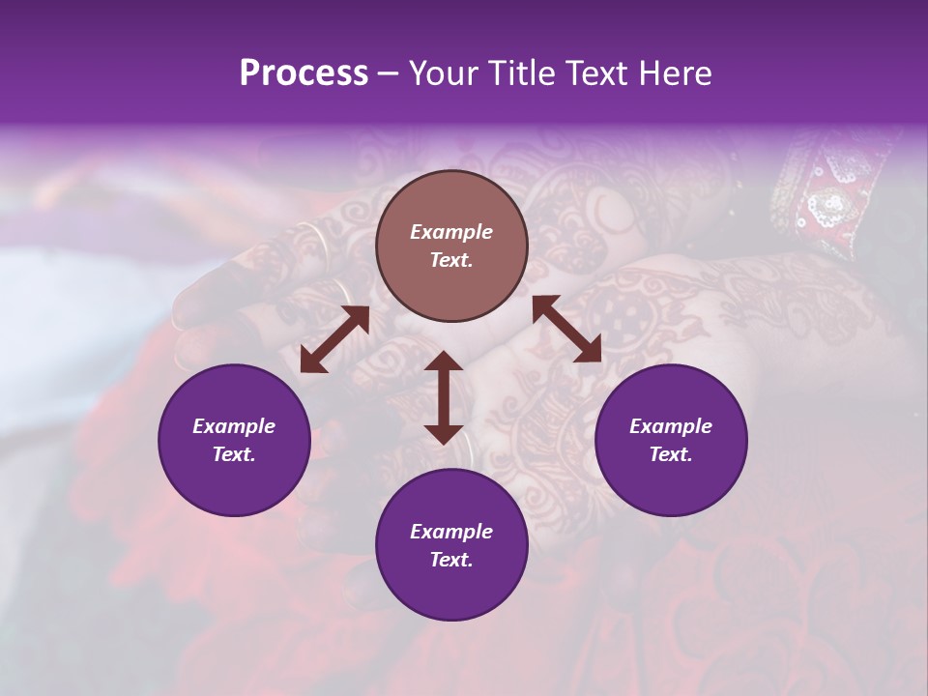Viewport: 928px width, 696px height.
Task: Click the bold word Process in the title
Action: coord(304,73)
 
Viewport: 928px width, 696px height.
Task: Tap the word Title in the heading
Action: coord(524,73)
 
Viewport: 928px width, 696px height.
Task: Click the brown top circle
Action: coord(451,246)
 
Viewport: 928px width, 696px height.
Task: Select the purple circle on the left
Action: coord(234,440)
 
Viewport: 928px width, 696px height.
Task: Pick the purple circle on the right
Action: coord(670,440)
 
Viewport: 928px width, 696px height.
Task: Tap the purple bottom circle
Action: coord(451,545)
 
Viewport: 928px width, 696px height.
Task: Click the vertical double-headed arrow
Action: coord(444,397)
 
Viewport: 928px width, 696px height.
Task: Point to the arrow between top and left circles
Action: coord(334,339)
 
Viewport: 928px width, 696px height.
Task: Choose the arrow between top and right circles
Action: coord(566,329)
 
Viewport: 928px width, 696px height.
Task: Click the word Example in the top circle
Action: coord(451,232)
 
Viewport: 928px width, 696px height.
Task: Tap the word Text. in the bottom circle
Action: coord(451,560)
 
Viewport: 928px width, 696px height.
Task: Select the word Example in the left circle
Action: coord(234,426)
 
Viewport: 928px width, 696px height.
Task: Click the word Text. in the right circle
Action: coord(670,454)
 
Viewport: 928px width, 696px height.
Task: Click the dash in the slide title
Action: coord(388,73)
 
